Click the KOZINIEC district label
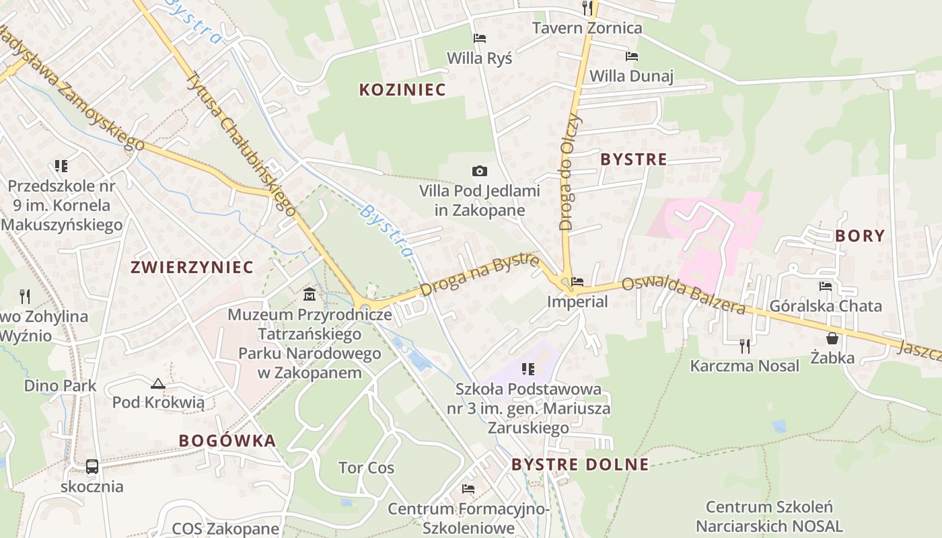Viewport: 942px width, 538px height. [x=402, y=89]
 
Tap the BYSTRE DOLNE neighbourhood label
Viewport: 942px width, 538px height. [x=580, y=464]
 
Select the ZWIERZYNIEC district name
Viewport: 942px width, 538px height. [x=192, y=267]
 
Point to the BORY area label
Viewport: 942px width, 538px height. [x=859, y=235]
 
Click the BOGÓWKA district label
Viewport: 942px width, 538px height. [x=227, y=440]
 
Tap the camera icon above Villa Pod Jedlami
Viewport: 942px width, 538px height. [x=479, y=171]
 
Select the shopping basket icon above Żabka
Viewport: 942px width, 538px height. [x=832, y=338]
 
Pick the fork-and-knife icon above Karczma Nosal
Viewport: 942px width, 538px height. [x=744, y=346]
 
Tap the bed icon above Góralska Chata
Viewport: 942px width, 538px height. [x=826, y=286]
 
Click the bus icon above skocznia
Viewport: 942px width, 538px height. [x=92, y=466]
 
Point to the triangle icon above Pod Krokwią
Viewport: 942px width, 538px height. [x=158, y=383]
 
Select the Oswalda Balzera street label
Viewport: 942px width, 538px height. [x=682, y=296]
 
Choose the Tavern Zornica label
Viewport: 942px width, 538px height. [x=587, y=28]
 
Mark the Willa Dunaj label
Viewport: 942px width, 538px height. [x=631, y=76]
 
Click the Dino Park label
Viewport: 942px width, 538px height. [x=61, y=386]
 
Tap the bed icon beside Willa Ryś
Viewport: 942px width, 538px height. [x=479, y=38]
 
